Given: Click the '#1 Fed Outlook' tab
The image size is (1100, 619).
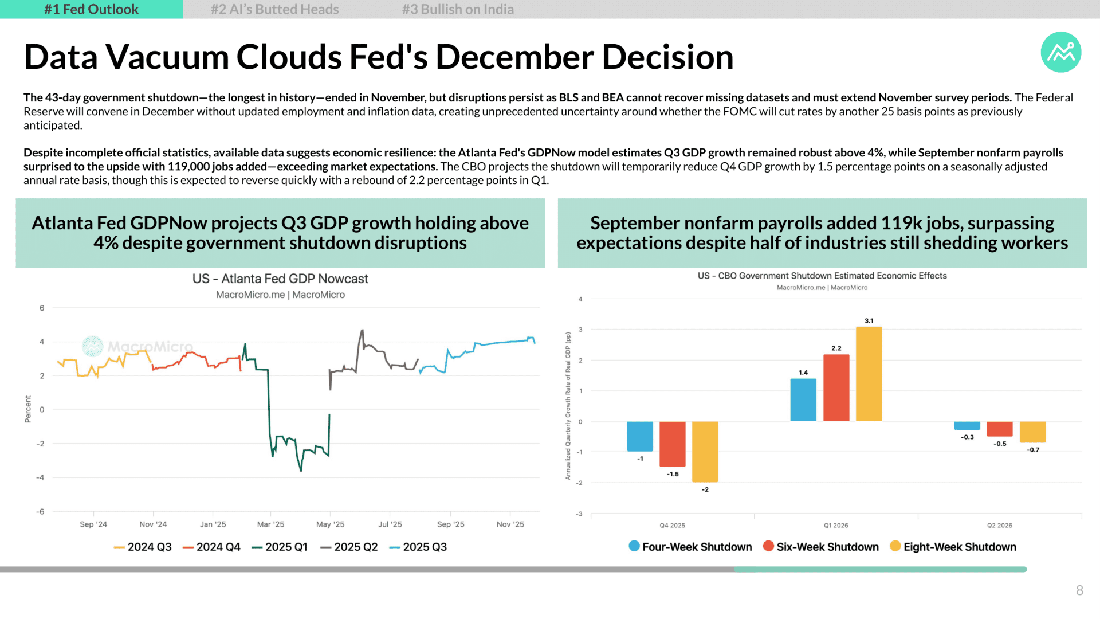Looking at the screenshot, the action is coord(91,9).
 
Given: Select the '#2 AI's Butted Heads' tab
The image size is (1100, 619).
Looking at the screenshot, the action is coord(274,9).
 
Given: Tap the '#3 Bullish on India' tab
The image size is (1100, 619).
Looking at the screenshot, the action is coord(458,9).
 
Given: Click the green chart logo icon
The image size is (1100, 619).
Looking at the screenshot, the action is coord(1061,52).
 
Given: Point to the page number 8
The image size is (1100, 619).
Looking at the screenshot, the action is coord(1079,590).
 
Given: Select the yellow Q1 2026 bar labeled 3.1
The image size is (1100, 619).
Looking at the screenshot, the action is coord(869,374).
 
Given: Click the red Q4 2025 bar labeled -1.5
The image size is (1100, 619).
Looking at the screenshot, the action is coord(673,444).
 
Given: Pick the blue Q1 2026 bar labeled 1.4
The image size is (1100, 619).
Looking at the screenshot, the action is coord(803,400).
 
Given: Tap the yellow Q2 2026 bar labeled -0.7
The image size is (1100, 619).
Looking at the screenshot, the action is coord(1033,432).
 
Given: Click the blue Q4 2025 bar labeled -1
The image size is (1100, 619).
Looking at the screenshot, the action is coord(640,437).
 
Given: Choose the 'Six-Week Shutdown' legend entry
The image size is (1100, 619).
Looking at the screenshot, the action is coord(821,547).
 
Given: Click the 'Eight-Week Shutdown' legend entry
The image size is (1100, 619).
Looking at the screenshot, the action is coord(953,547).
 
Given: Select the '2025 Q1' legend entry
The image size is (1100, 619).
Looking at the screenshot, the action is coord(280,547).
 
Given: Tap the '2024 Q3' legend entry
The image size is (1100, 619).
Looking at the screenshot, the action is coord(143,547).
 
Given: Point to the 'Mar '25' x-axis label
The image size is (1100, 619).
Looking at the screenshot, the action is coord(270,524).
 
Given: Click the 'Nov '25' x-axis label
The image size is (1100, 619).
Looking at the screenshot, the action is coord(510,524).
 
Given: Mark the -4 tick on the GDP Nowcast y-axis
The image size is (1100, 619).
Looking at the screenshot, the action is coord(40,477).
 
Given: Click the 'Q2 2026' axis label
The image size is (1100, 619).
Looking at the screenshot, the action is coord(1000,526).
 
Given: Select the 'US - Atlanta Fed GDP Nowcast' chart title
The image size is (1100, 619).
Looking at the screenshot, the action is coord(280,279).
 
